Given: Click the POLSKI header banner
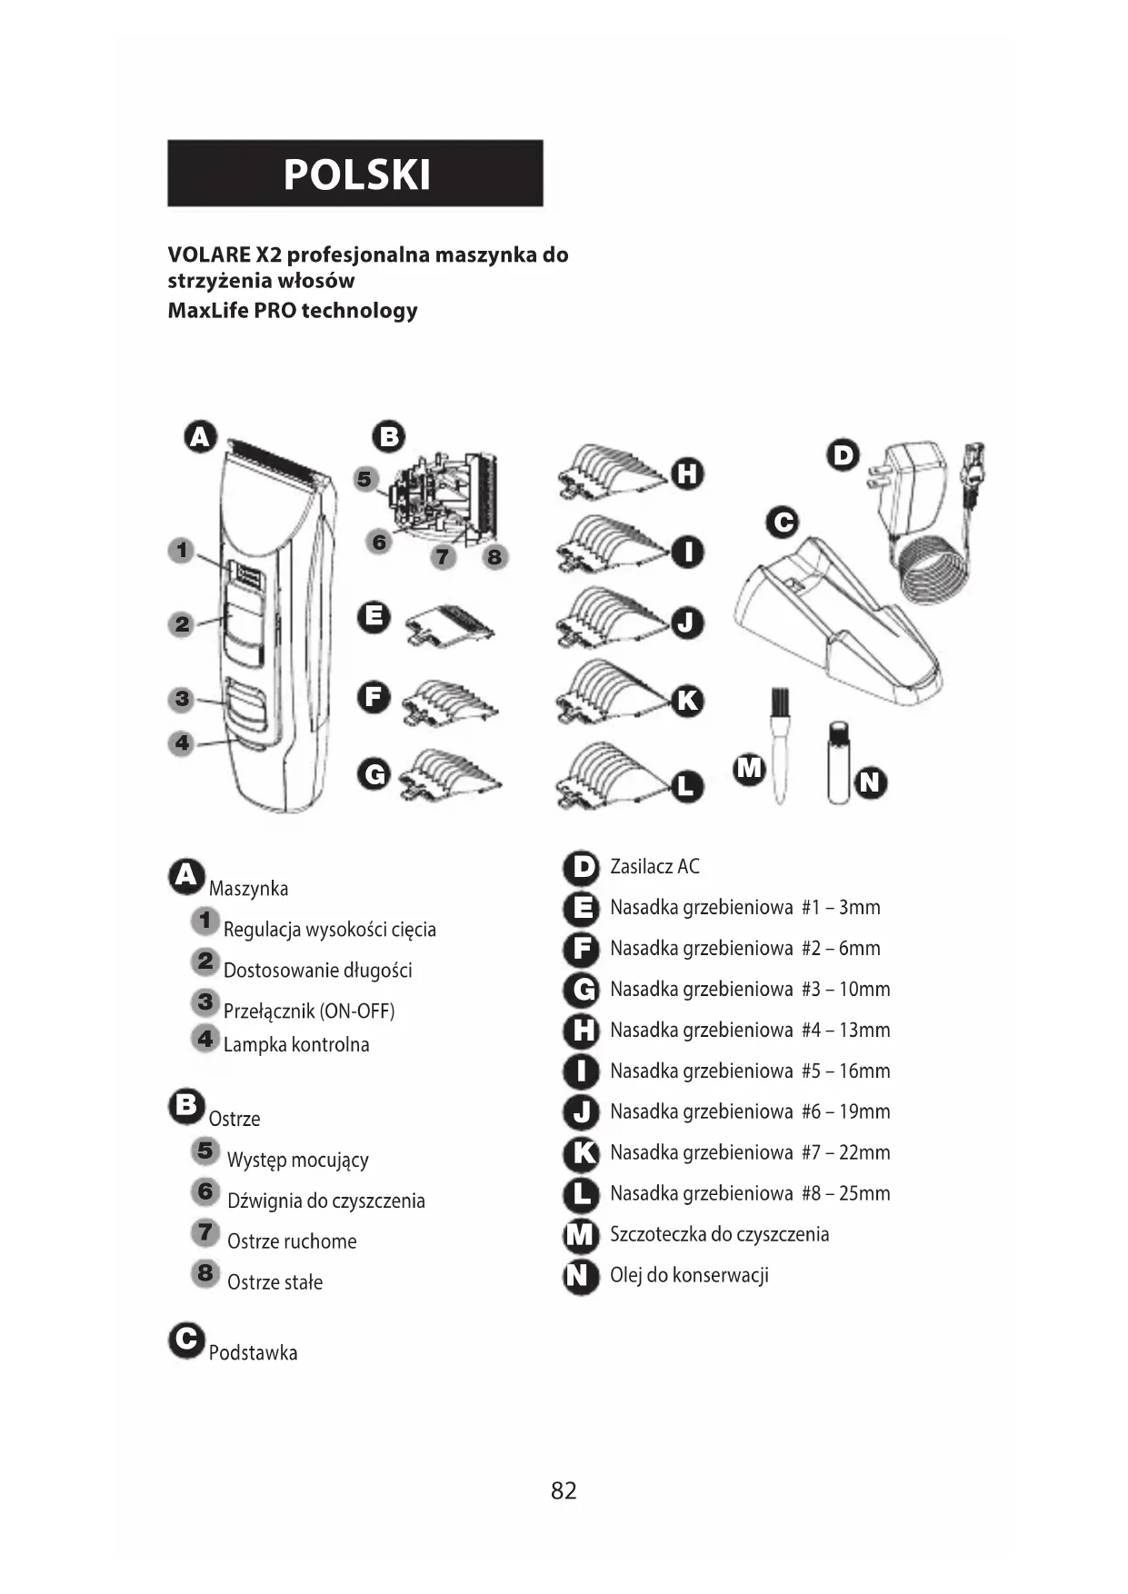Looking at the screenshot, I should point(355,174).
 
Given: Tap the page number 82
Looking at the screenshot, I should point(564,1490).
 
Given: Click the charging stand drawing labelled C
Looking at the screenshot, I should point(836,627).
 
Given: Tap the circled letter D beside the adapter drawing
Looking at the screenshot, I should point(844,454).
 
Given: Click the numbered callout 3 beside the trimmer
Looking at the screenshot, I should point(183,699).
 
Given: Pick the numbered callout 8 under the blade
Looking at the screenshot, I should point(494,556).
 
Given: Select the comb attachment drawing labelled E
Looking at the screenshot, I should point(449,625).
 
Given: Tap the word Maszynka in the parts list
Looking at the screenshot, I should point(248,889).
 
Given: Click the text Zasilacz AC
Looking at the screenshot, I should point(654,867).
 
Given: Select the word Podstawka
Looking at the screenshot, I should point(253,1353).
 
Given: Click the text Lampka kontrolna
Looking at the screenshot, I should point(296,1045).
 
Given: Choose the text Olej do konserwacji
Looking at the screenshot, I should point(689,1275).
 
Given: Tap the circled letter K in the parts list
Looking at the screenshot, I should point(581,1153).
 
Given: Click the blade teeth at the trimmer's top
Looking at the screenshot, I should point(276,460).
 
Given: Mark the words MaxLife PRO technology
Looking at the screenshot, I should point(293,311).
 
